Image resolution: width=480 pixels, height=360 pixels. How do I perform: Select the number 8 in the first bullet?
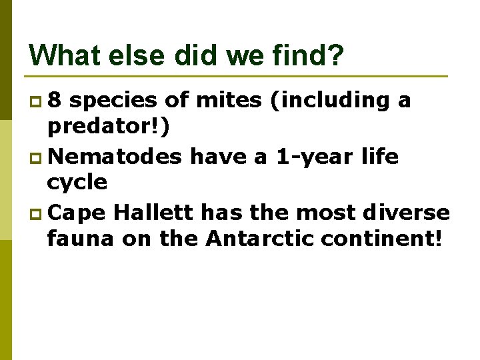pyautogui.click(x=56, y=101)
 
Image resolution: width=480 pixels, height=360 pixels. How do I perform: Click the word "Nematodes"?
pyautogui.click(x=115, y=157)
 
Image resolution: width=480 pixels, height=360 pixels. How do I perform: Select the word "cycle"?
pyautogui.click(x=77, y=181)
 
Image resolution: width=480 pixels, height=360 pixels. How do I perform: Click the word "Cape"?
pyautogui.click(x=77, y=213)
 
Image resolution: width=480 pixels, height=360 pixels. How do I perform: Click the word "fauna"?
pyautogui.click(x=81, y=237)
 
